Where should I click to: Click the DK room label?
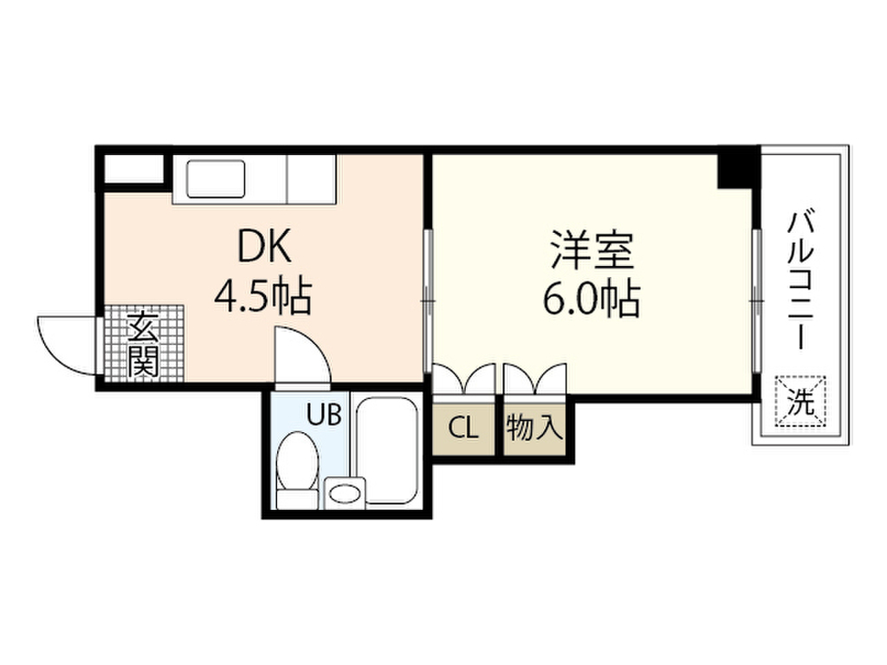click(x=264, y=246)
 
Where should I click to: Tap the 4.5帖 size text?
click(x=263, y=296)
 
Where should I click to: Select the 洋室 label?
click(x=592, y=249)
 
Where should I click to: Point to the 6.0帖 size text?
click(x=592, y=299)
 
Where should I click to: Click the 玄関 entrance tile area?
click(x=145, y=343)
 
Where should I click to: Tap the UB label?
click(x=324, y=415)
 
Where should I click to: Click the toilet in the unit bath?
click(x=297, y=470)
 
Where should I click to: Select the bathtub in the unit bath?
click(x=387, y=450)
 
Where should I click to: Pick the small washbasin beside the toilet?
click(x=345, y=492)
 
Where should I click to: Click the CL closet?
click(x=464, y=429)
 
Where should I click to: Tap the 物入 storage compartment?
click(x=534, y=429)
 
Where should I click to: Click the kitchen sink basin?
click(x=216, y=178)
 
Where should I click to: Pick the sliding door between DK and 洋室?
click(x=428, y=300)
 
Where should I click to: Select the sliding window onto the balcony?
click(x=756, y=300)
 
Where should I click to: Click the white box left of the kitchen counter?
click(x=134, y=169)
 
